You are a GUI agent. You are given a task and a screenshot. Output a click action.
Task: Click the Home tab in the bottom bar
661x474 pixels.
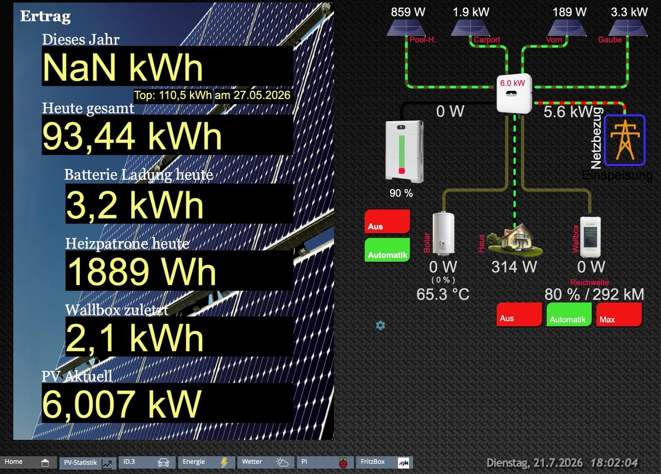28,462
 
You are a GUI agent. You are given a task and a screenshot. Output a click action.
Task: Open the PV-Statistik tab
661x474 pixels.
88,462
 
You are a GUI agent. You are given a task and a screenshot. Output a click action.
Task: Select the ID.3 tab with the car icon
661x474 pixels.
147,462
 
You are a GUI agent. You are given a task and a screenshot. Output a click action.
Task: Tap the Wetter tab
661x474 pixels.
266,462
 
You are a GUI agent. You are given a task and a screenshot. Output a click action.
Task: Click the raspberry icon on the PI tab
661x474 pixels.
343,463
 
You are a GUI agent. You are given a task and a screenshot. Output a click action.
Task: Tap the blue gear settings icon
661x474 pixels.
381,325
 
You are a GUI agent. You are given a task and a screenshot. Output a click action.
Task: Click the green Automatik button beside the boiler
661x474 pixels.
387,250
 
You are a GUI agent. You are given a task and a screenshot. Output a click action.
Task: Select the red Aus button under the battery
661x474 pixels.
387,221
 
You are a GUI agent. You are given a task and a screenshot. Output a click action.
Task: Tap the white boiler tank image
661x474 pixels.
443,233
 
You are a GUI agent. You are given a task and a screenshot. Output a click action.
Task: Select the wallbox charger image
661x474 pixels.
590,237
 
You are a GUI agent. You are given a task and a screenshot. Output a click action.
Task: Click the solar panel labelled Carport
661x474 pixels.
470,28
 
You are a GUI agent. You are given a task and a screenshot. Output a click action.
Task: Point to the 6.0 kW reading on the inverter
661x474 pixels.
513,83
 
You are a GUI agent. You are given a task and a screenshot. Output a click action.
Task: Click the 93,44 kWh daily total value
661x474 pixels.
132,137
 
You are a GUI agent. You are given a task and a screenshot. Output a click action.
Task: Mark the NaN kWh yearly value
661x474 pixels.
123,67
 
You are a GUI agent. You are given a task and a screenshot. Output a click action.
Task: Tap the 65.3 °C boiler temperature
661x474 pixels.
443,294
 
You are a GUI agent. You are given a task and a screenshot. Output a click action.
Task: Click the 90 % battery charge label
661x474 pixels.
401,193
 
